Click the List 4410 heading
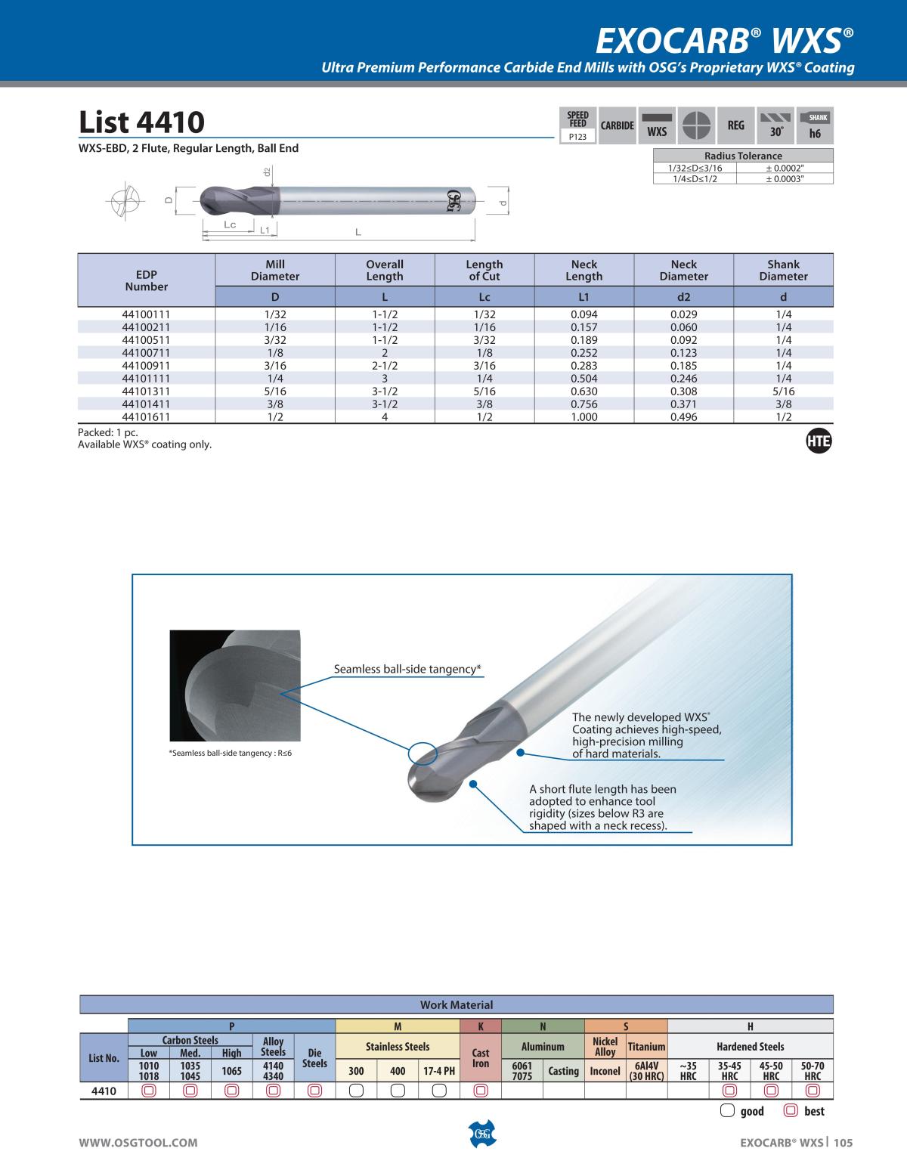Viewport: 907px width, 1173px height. tap(141, 122)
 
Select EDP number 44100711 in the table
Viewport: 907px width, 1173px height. tap(147, 353)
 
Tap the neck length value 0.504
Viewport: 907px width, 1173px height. tap(584, 379)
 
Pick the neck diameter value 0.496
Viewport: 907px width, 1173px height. tap(683, 417)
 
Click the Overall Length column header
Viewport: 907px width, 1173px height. tap(385, 271)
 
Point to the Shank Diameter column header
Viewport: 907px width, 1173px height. tap(783, 271)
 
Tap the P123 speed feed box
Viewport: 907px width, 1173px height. tap(577, 137)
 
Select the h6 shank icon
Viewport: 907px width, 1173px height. tap(815, 125)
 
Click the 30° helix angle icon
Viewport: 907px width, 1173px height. tap(776, 125)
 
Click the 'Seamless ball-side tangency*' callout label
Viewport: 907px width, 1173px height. tap(407, 670)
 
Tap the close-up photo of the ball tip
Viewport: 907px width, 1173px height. tap(234, 685)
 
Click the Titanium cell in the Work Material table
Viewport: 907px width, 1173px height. tap(646, 1047)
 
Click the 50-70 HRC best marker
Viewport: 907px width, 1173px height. tap(813, 1091)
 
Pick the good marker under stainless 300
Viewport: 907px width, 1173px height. tap(356, 1091)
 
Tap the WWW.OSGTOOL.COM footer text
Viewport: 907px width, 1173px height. tap(138, 1143)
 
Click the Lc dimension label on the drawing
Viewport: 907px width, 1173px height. tap(230, 225)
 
